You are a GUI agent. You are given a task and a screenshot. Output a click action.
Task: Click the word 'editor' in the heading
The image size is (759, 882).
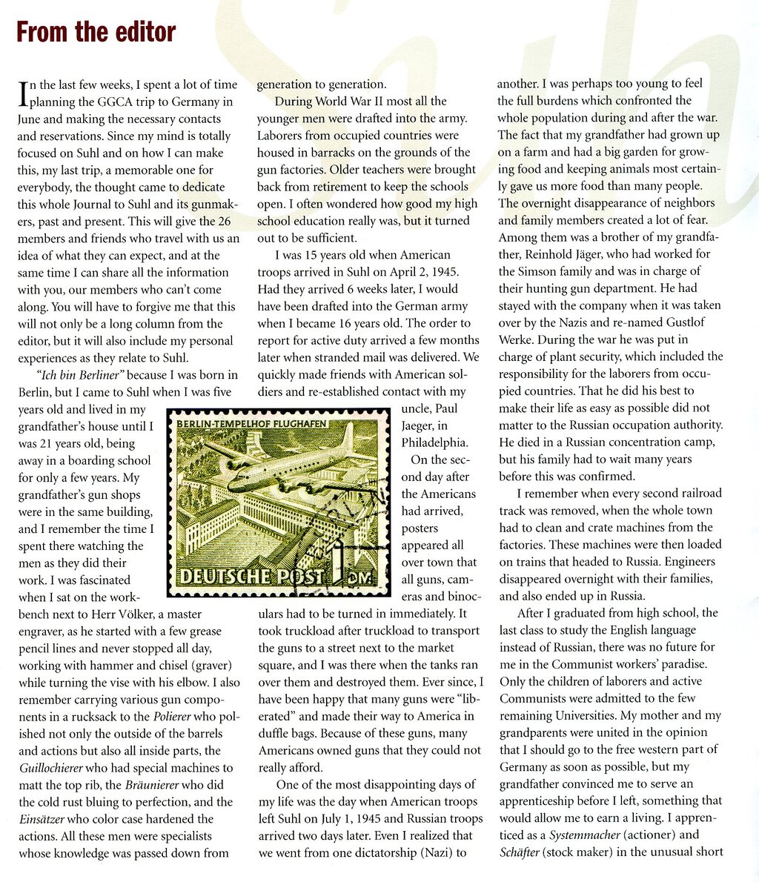click(x=140, y=32)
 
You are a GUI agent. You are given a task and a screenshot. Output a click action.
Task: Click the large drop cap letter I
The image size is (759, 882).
click(x=23, y=95)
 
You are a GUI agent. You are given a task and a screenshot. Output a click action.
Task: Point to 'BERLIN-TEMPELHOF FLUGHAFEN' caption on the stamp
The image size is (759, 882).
click(x=252, y=422)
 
